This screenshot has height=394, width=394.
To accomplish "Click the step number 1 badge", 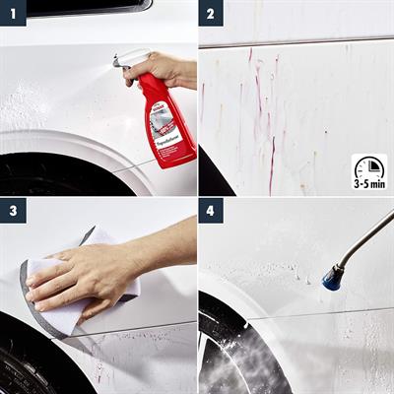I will point(13,13).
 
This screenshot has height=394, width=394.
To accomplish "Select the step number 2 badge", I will point(211,13).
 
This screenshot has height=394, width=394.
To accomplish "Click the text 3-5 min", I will point(368,184).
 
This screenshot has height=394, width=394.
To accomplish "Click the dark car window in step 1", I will point(89,7).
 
